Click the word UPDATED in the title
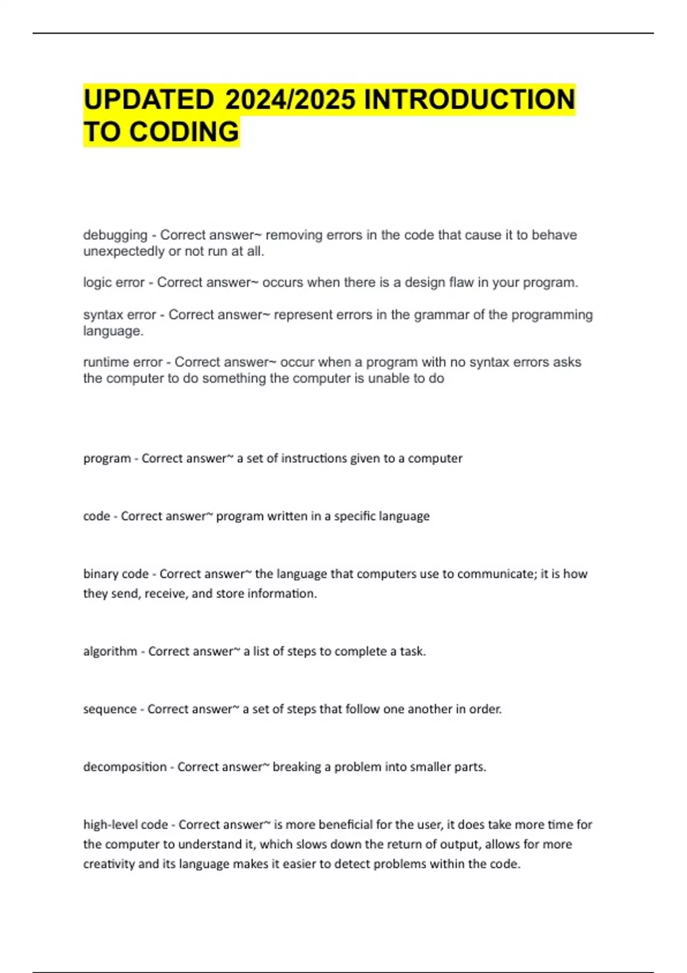148,100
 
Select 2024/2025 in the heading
290,100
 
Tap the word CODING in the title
184,132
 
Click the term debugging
115,235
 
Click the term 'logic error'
113,283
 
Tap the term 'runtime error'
123,362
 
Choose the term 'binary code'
116,574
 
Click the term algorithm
110,651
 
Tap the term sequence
109,709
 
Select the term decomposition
124,767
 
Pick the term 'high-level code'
125,825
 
